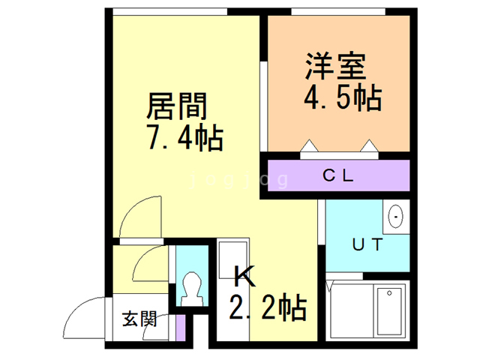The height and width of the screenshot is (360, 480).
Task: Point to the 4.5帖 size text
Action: click(342, 97)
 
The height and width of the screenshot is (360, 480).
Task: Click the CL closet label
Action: click(338, 177)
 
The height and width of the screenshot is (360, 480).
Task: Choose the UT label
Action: click(367, 244)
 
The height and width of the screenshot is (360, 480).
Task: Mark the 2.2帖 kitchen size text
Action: click(267, 307)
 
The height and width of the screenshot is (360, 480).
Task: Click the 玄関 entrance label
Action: click(139, 319)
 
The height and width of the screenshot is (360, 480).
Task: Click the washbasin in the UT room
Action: click(395, 217)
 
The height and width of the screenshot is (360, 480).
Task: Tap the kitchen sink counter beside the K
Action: click(231, 262)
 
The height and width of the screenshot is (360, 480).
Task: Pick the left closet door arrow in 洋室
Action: click(309, 145)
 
